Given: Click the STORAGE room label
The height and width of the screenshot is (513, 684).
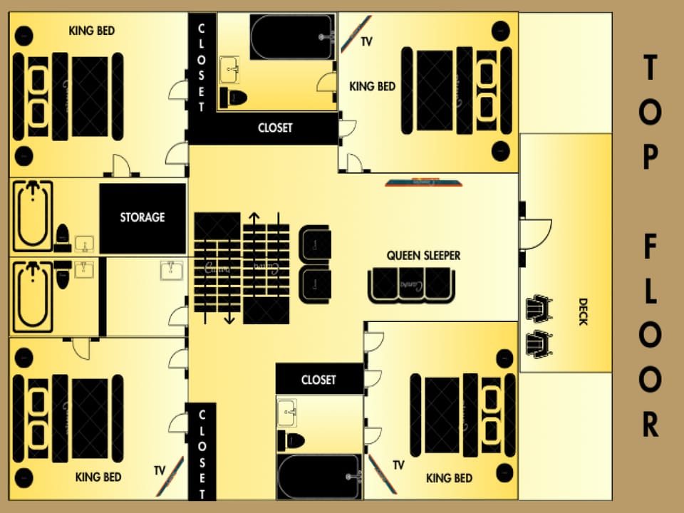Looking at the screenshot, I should [x=142, y=217].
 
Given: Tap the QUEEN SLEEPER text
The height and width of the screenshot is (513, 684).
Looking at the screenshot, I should [x=423, y=255].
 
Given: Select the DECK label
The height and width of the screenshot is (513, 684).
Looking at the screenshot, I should [x=583, y=311].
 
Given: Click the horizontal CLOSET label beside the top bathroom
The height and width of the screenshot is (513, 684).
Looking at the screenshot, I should [x=275, y=128].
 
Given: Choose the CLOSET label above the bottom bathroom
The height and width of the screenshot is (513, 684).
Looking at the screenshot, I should [x=318, y=380].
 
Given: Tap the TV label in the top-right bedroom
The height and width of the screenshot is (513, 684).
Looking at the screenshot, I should [x=366, y=42].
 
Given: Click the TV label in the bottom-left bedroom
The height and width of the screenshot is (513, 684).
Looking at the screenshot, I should [x=160, y=470].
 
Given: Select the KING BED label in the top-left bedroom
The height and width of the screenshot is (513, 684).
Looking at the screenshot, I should [x=92, y=31].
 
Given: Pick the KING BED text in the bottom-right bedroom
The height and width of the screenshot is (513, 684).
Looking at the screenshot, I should [x=449, y=478].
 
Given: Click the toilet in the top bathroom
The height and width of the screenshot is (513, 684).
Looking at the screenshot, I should [x=232, y=97].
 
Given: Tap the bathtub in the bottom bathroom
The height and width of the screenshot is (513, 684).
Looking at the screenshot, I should [x=318, y=477].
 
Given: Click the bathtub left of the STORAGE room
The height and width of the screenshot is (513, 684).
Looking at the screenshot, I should [x=33, y=216].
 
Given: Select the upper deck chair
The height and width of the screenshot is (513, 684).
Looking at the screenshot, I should [x=538, y=309].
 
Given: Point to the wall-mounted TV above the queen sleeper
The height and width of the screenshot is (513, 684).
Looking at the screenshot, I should [x=424, y=183].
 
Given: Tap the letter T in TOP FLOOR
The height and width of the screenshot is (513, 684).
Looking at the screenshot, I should [x=649, y=70].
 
